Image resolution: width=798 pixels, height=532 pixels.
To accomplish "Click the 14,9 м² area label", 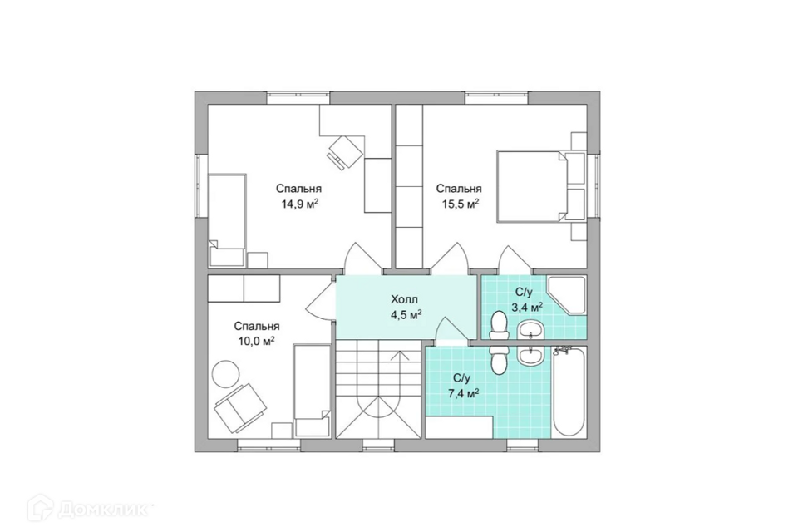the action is [300, 204].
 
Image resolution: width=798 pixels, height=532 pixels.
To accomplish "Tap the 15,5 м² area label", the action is [460, 204].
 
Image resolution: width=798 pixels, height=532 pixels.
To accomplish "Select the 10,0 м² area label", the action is [257, 341].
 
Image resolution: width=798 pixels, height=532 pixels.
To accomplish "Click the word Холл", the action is [404, 299].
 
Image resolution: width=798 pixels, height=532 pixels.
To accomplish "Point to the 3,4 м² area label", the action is [527, 307].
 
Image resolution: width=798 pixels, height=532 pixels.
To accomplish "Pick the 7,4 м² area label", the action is [463, 393].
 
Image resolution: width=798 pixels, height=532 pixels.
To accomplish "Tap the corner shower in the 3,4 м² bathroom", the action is [567, 296].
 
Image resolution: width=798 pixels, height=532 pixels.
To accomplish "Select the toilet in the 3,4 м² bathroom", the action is [498, 325].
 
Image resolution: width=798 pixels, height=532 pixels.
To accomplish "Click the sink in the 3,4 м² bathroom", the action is [530, 330].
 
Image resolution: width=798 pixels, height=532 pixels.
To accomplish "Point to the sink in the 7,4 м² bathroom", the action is [530, 355].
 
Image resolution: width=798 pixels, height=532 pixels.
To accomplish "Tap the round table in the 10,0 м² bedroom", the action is [226, 373].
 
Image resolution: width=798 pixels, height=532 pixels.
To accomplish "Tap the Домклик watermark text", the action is [103, 508].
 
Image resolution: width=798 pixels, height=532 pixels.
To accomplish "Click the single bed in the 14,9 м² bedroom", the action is [227, 220].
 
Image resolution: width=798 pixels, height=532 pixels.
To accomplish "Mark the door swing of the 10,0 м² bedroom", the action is [321, 301].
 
